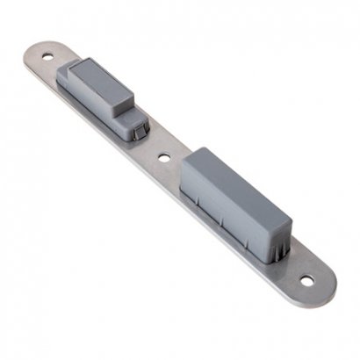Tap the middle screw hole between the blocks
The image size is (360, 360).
tap(164, 160)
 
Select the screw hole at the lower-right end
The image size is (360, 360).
tap(307, 282)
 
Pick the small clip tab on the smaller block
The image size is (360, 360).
tap(133, 125)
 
